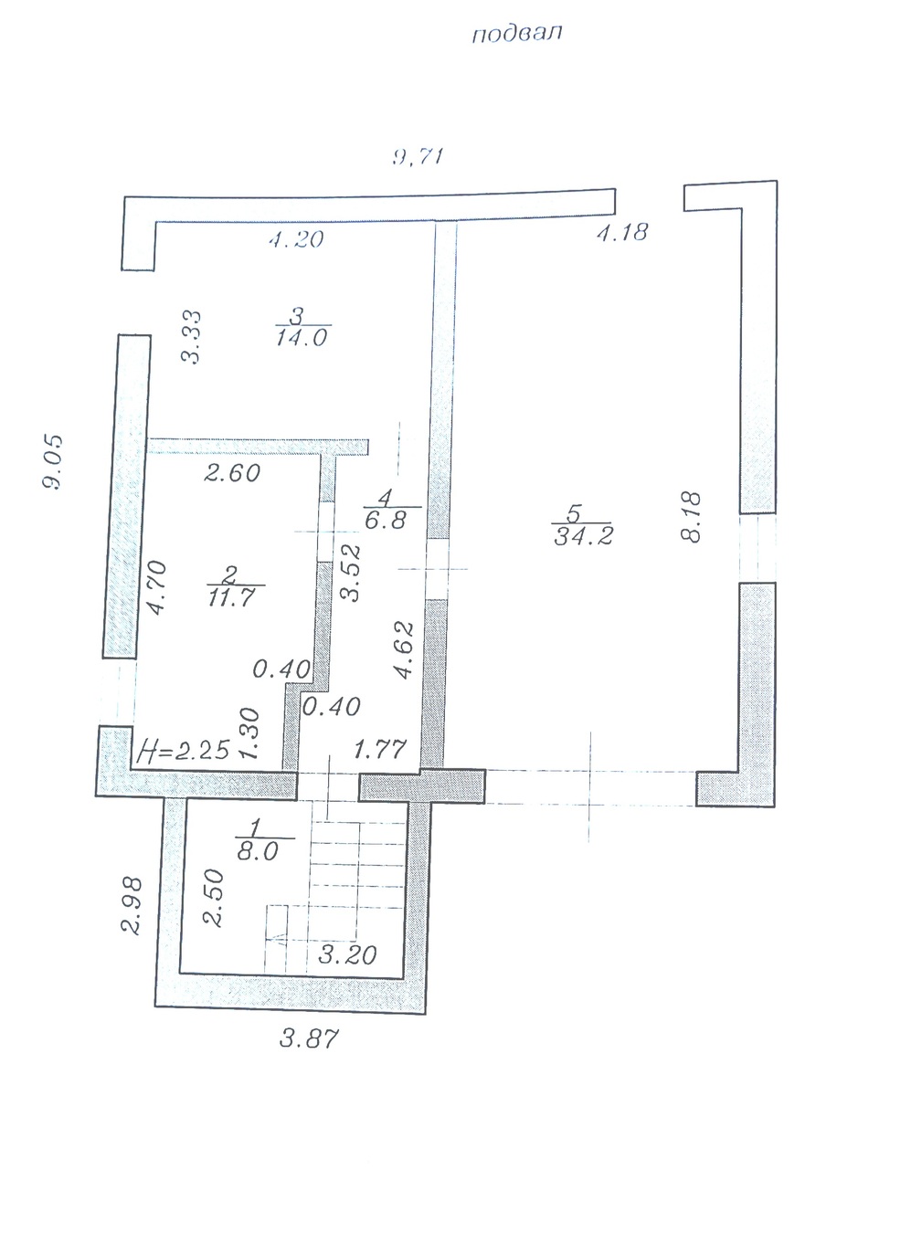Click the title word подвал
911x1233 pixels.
point(516,34)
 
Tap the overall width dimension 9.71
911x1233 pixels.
point(418,157)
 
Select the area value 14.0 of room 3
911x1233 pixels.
point(302,337)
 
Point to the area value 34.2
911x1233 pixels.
point(583,536)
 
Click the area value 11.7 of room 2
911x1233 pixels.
point(232,598)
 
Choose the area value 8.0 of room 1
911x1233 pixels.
point(258,851)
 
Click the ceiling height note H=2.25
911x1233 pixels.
point(183,750)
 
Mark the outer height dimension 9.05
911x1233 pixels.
point(53,462)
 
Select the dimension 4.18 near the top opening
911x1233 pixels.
point(622,232)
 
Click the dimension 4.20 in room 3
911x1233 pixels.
point(296,239)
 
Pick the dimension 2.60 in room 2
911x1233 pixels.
point(232,473)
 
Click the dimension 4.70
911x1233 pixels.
point(157,587)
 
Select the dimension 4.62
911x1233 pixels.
point(404,649)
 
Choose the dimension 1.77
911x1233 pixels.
point(381,749)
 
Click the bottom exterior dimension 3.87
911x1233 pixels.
point(309,1038)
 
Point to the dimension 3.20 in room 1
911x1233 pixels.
point(347,955)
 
